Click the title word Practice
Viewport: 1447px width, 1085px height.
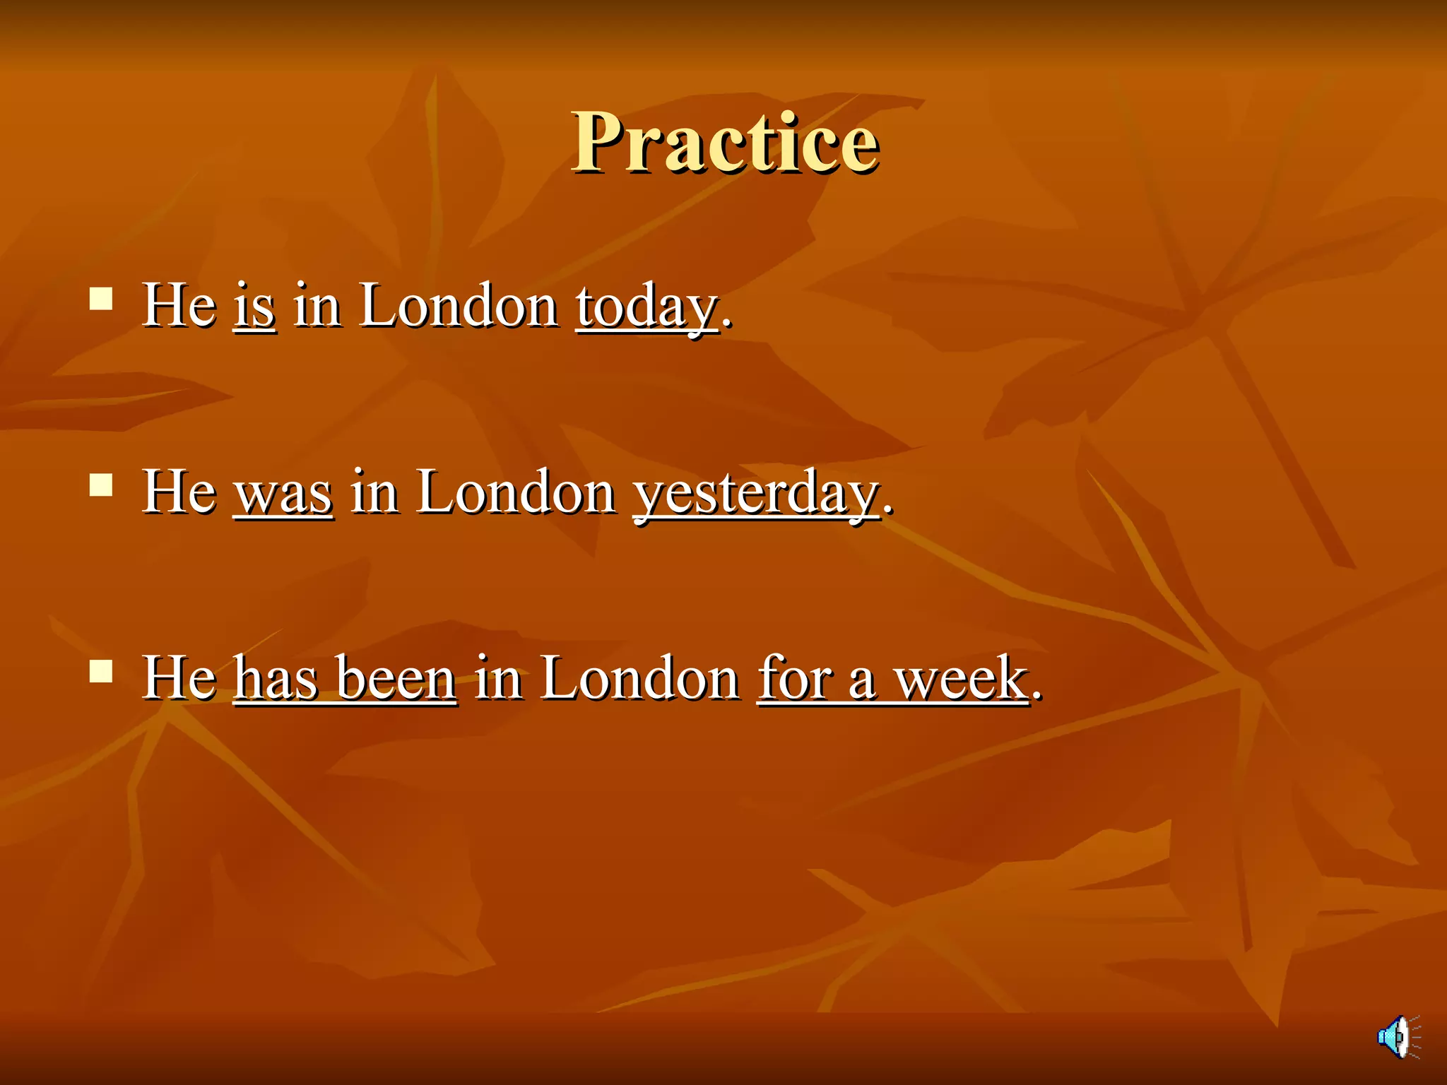click(x=726, y=143)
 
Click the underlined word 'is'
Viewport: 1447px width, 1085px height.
click(x=254, y=306)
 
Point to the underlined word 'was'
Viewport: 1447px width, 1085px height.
click(x=283, y=493)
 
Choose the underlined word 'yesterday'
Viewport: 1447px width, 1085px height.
click(x=757, y=493)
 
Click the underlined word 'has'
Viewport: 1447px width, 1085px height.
click(x=276, y=678)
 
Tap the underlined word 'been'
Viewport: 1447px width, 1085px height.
click(x=396, y=678)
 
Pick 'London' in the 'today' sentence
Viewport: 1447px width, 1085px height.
click(x=459, y=306)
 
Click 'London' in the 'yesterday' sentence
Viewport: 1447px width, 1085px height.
click(x=516, y=492)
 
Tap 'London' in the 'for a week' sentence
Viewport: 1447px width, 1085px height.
click(x=640, y=678)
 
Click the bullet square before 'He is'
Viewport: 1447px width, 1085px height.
click(x=101, y=299)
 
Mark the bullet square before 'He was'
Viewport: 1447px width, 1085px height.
click(x=101, y=485)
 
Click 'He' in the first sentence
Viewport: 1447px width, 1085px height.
click(x=179, y=306)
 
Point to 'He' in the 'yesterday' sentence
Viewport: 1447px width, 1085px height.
click(x=179, y=492)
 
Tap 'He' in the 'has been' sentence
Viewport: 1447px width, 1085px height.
click(x=179, y=678)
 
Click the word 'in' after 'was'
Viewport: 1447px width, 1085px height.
click(x=374, y=492)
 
